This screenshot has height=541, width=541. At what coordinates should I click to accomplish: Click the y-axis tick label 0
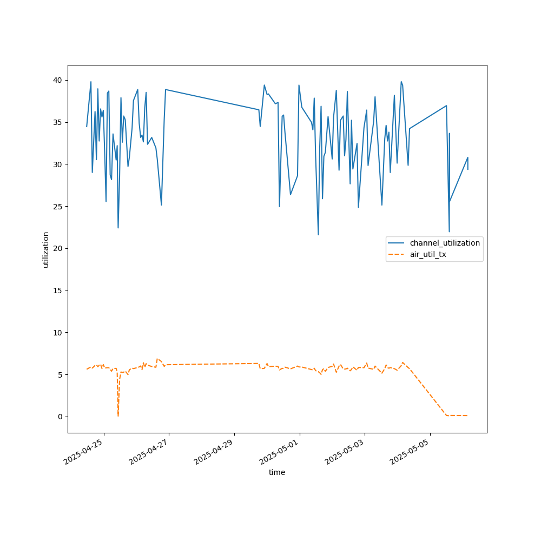(x=60, y=417)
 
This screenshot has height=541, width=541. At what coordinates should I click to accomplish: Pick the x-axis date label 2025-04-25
(x=84, y=452)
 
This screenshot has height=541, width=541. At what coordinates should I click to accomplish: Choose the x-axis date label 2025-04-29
(x=215, y=452)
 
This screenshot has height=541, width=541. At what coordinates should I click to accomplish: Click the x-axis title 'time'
(x=277, y=472)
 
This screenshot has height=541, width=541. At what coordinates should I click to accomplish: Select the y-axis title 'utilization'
(x=46, y=249)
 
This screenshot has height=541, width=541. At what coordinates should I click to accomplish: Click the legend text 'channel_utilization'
(x=445, y=243)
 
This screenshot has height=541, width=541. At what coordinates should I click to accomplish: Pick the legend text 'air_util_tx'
(x=428, y=254)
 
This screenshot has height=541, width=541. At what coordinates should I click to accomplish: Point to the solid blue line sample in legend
(x=398, y=243)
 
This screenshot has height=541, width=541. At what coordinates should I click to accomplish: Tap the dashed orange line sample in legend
(x=398, y=254)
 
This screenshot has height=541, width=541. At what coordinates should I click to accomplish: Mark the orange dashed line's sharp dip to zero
(x=118, y=415)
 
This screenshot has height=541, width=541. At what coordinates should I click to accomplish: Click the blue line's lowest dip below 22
(x=318, y=234)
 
